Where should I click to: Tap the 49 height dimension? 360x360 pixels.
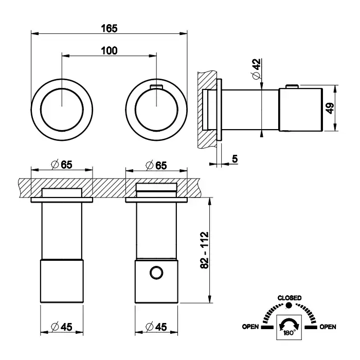330,108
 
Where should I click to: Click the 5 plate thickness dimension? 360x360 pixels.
235,159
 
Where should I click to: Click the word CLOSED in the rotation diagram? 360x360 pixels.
289,298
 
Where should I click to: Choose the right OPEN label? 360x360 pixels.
328,327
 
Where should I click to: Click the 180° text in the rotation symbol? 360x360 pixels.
289,332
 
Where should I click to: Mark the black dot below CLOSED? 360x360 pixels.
289,305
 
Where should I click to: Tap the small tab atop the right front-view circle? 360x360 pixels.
156,85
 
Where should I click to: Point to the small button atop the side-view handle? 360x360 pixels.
292,86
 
